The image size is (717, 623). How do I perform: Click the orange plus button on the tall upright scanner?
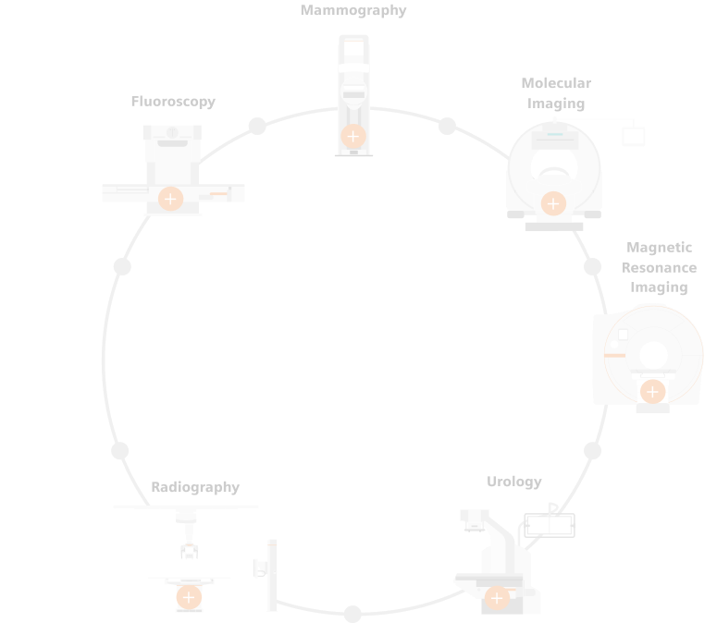click(352, 137)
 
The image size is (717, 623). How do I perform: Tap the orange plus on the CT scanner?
click(553, 203)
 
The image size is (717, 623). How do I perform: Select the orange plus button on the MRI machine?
click(652, 392)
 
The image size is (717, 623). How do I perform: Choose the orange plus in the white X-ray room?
click(189, 597)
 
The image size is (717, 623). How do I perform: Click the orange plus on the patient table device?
click(170, 199)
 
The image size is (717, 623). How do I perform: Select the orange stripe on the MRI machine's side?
click(614, 355)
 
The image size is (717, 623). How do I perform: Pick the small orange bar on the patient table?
click(218, 193)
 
